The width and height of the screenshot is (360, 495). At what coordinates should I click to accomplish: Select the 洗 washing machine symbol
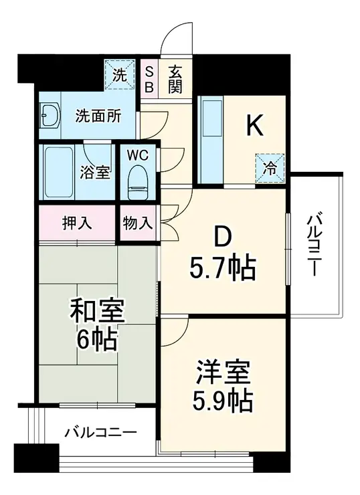(118, 75)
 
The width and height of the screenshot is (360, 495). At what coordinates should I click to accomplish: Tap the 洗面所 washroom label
(98, 115)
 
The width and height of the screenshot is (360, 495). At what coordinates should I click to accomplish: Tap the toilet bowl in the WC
(138, 177)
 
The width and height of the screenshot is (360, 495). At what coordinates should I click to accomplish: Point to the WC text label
(137, 153)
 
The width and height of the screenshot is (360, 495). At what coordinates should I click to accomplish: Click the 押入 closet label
(77, 221)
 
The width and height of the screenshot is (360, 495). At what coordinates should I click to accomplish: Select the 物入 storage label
(138, 222)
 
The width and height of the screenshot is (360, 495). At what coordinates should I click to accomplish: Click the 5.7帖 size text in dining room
(221, 269)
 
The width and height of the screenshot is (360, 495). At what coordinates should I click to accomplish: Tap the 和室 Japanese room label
(98, 311)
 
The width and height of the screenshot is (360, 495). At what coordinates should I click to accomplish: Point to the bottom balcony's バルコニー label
(100, 432)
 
